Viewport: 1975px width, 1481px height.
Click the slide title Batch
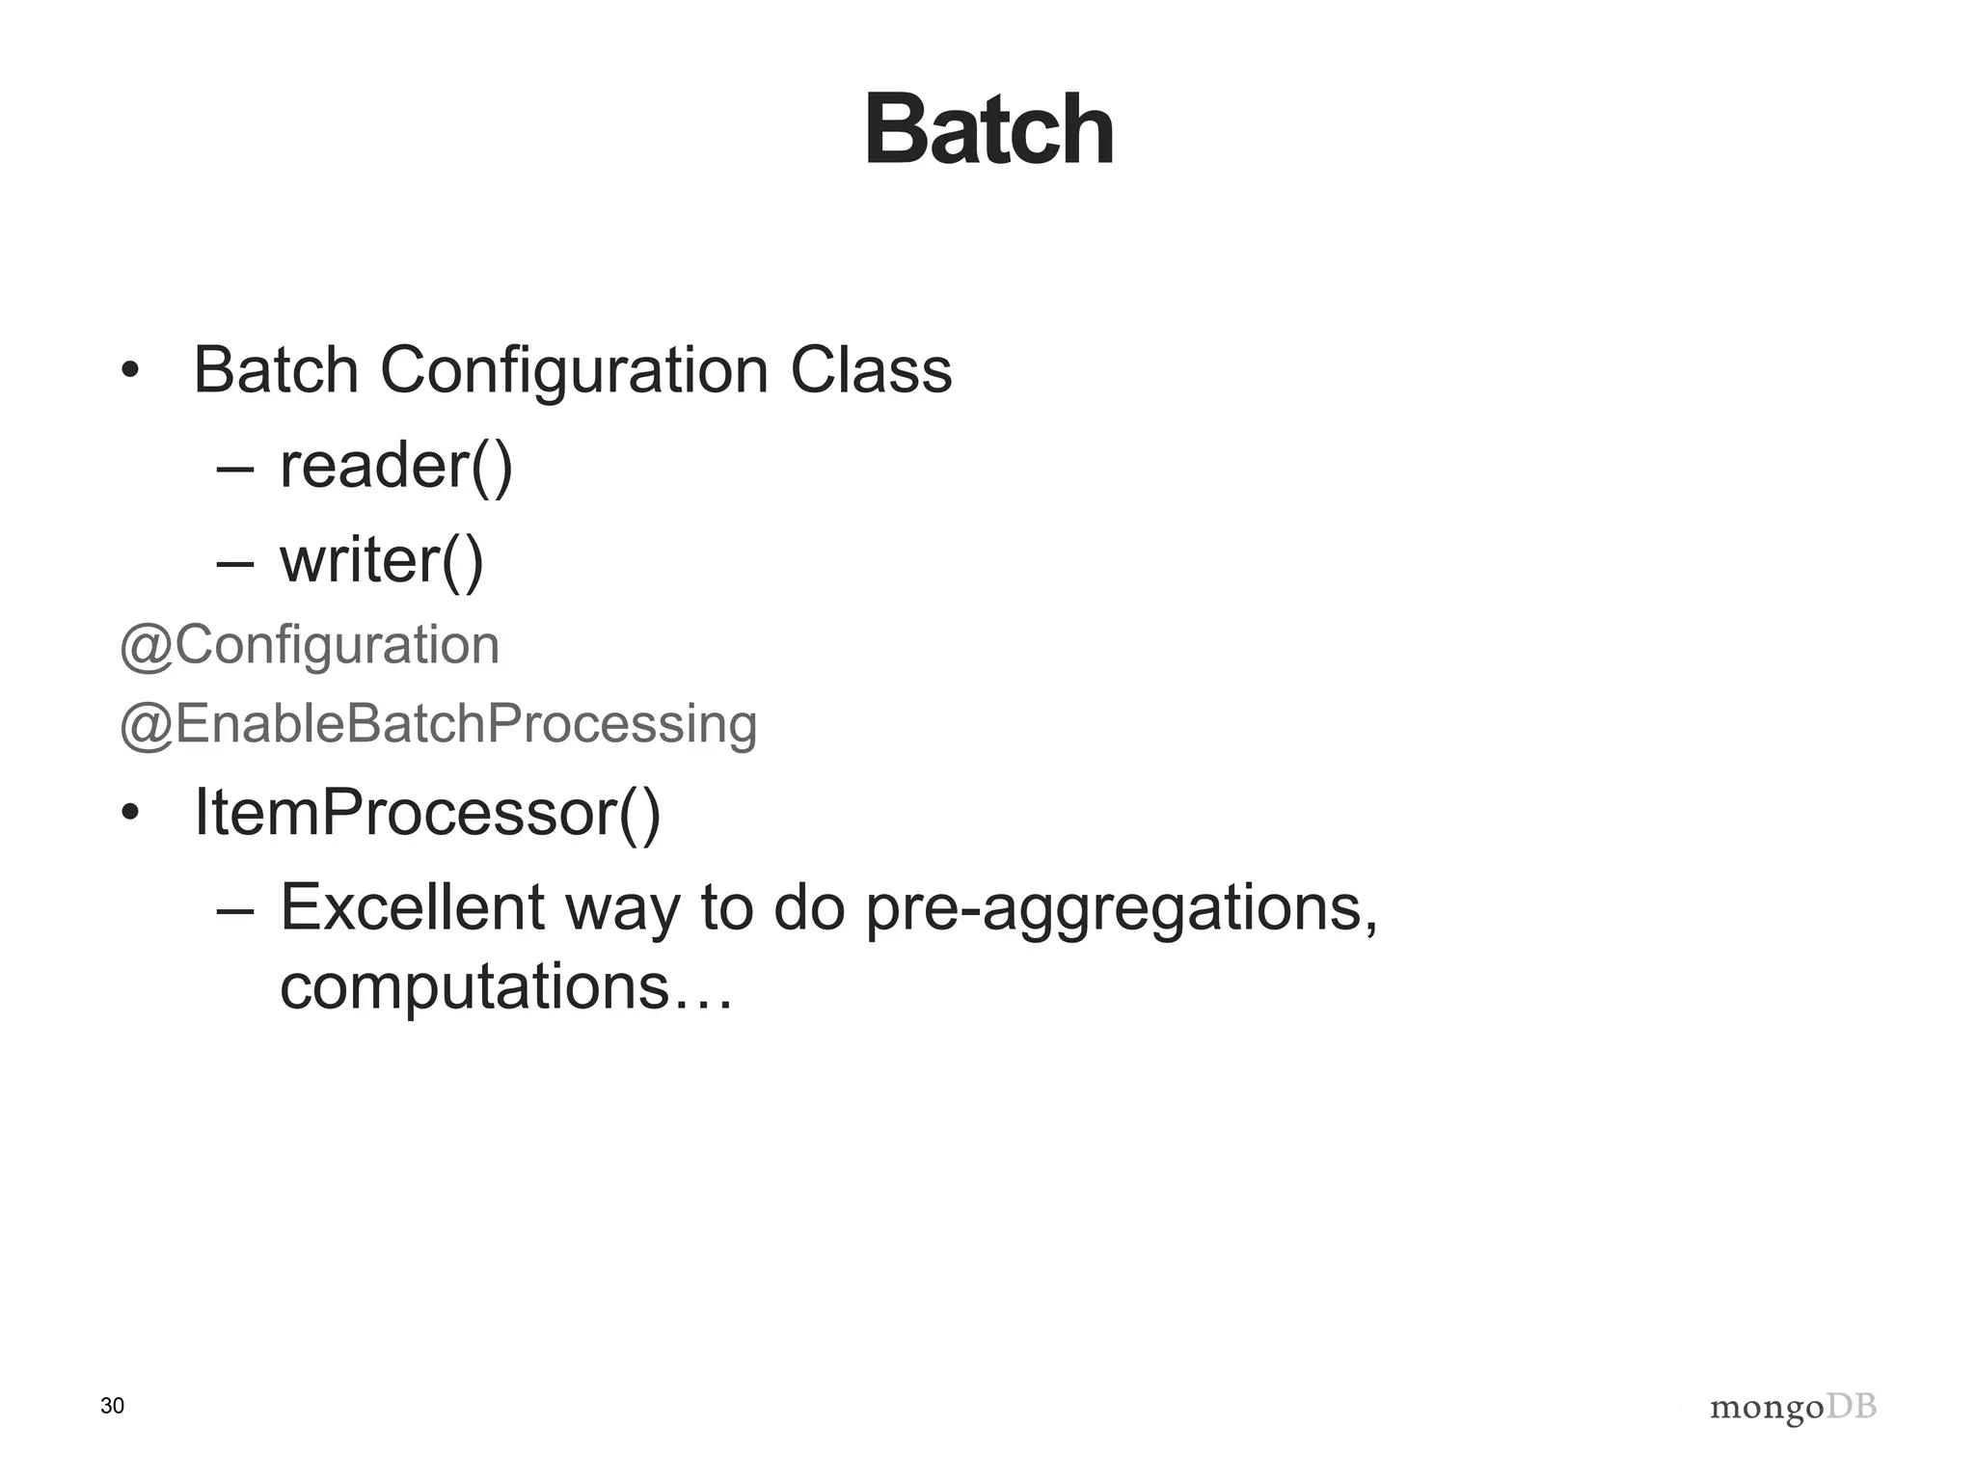click(x=988, y=130)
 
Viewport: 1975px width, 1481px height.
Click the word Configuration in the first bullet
click(x=574, y=370)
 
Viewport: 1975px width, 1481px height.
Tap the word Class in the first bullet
click(x=871, y=370)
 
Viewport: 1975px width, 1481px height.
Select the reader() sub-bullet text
click(x=395, y=467)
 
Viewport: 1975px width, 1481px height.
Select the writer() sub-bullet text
click(x=381, y=561)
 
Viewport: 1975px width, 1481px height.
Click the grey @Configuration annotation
click(x=310, y=645)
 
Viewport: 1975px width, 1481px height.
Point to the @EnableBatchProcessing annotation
click(x=438, y=724)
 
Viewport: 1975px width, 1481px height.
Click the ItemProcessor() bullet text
click(x=427, y=813)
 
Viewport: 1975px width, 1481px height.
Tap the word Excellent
click(x=413, y=907)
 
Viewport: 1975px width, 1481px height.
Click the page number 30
click(x=112, y=1406)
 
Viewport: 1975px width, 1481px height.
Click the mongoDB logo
click(x=1793, y=1408)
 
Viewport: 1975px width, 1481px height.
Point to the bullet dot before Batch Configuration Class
click(x=130, y=371)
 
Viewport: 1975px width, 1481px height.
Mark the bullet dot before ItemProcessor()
click(x=130, y=814)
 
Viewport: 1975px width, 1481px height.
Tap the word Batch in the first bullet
click(x=276, y=370)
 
